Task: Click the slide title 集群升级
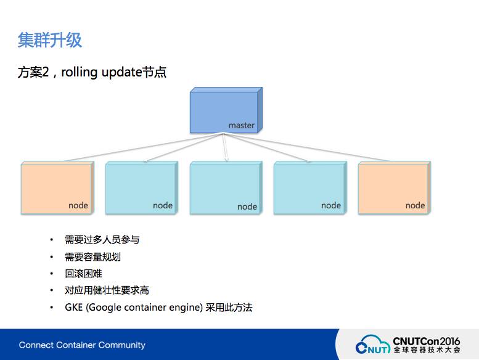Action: point(50,41)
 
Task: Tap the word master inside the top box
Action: point(241,125)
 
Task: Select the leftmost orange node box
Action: point(57,187)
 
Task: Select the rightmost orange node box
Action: point(394,187)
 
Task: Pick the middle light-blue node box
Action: point(226,187)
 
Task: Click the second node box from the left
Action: point(141,187)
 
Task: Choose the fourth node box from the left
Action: point(309,187)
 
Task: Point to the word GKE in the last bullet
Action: point(74,307)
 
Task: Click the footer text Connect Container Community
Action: point(82,345)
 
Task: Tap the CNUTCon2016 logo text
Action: point(426,340)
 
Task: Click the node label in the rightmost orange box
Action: point(415,205)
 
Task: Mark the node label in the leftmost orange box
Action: point(78,205)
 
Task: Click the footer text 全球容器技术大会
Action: point(426,350)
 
